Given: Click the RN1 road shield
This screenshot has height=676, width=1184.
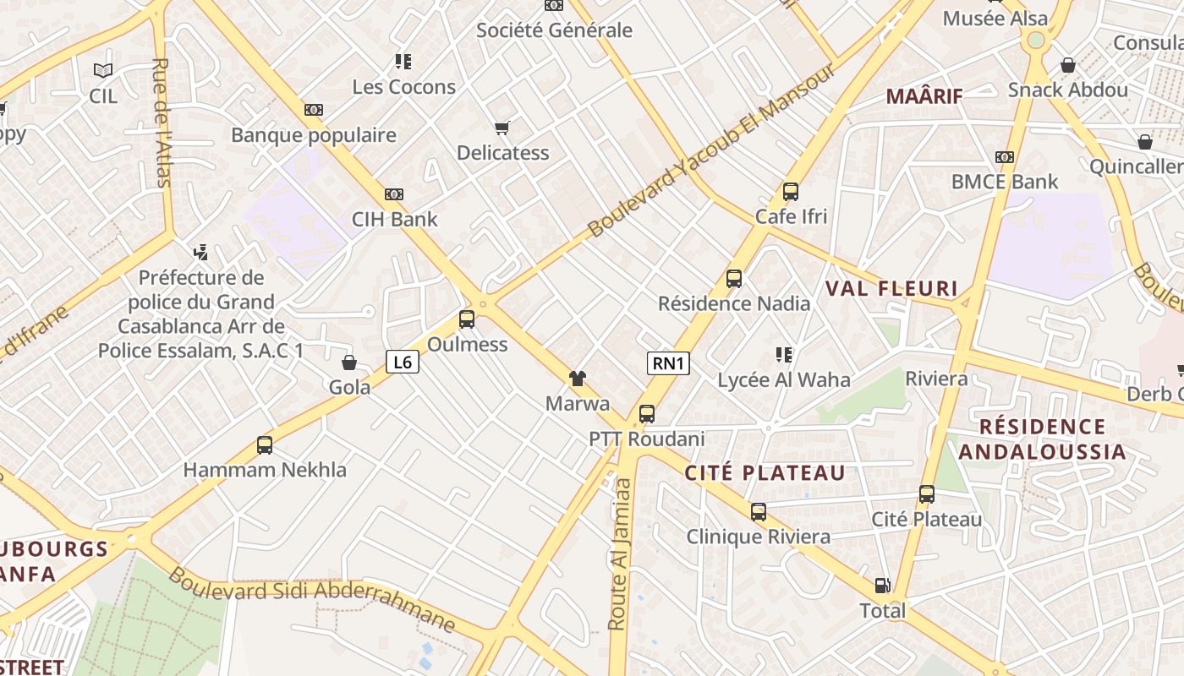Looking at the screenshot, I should click(x=668, y=363).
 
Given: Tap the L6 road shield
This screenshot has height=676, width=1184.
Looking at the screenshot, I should click(x=403, y=362).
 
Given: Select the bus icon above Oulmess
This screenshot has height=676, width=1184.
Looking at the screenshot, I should click(x=467, y=319).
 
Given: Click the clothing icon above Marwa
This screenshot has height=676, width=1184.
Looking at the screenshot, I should click(x=578, y=378).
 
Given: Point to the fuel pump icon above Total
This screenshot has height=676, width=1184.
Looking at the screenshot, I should click(x=882, y=585).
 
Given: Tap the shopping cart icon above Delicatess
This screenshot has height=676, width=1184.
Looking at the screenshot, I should click(x=502, y=128).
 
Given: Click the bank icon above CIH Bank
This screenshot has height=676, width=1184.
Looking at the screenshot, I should click(x=394, y=194).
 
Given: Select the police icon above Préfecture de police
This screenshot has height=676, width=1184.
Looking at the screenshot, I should click(x=200, y=252).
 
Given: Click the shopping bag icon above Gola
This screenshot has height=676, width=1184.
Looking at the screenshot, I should click(x=349, y=363).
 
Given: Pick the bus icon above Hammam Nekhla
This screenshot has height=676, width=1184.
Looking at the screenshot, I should click(x=265, y=444).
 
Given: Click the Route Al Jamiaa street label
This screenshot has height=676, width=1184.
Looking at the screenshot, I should click(x=620, y=553).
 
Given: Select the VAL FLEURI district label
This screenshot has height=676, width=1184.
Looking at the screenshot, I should click(x=891, y=289).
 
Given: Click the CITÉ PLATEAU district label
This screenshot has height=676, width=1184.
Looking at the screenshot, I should click(x=765, y=473).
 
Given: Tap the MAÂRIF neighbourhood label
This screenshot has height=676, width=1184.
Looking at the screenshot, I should click(x=924, y=96).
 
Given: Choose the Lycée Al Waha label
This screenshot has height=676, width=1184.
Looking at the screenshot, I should click(x=784, y=380).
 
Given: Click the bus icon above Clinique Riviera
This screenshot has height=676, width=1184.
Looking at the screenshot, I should click(x=759, y=511).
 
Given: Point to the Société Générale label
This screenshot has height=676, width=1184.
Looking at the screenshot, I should click(x=554, y=30).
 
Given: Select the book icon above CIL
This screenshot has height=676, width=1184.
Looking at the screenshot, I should click(x=103, y=71).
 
